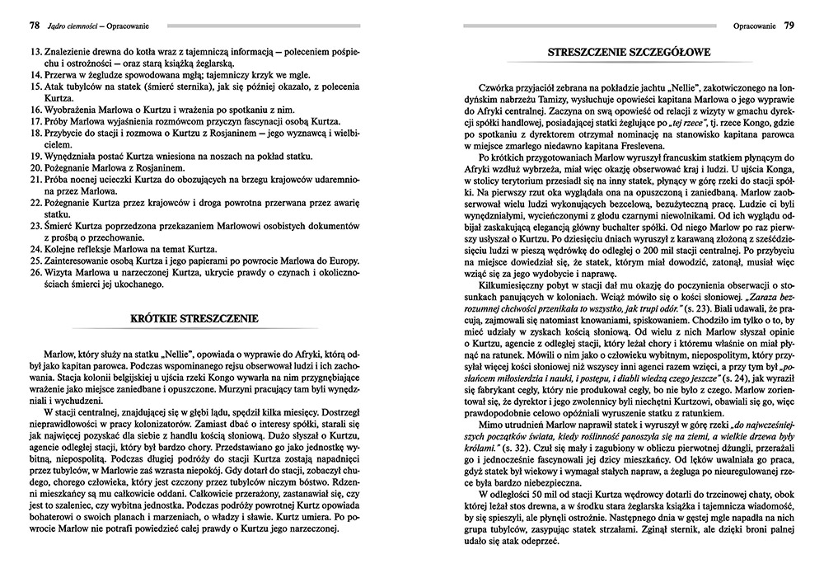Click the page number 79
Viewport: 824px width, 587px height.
pos(789,26)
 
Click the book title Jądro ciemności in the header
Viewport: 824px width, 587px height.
pos(77,26)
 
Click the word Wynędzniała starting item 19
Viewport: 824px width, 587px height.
pos(72,154)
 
